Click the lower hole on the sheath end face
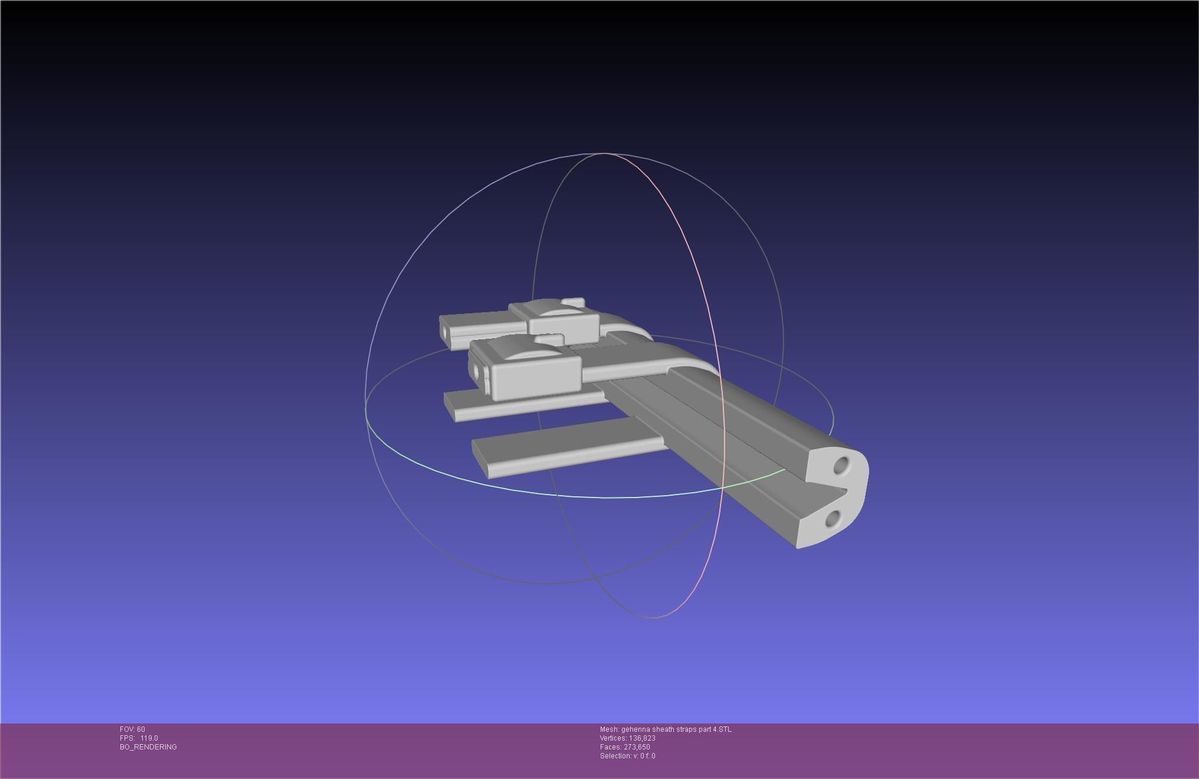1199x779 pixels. (833, 519)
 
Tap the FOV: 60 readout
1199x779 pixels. (132, 729)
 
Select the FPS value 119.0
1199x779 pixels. (149, 738)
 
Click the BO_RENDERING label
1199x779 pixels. (148, 747)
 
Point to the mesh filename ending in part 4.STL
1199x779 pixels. (666, 729)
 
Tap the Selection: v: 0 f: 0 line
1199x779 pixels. (627, 756)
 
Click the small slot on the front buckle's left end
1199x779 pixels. (476, 371)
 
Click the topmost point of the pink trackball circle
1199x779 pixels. (605, 153)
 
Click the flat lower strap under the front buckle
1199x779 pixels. (525, 406)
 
